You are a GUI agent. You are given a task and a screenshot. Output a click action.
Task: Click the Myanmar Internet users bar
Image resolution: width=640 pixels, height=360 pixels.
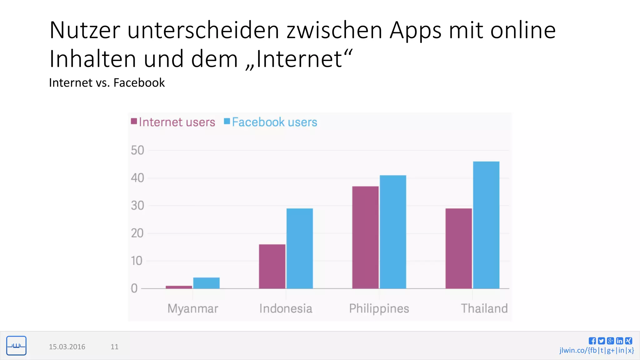179,287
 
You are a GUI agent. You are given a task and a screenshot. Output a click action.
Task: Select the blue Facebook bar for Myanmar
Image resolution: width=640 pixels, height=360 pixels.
206,283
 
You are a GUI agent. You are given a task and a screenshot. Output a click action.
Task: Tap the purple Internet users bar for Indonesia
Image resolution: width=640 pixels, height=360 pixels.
272,266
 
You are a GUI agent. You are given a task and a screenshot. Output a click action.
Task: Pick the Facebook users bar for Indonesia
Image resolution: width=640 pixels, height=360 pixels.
299,248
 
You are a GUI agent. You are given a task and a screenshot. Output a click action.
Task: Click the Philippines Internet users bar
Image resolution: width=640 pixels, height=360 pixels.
365,237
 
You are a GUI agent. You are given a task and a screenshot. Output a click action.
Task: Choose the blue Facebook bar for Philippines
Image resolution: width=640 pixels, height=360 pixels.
393,232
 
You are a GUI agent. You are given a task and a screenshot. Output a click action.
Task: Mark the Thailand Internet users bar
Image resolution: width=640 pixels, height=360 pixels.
458,248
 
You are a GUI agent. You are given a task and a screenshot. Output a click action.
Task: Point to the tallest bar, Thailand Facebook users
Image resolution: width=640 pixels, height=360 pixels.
486,225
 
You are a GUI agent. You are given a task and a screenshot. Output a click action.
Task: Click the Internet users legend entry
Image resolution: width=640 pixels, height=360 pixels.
173,122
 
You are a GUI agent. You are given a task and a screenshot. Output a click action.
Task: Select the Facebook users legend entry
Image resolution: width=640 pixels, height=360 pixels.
271,122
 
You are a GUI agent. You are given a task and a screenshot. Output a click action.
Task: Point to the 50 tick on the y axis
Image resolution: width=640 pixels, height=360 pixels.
137,150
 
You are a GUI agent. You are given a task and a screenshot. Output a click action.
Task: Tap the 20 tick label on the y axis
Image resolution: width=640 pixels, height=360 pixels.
137,233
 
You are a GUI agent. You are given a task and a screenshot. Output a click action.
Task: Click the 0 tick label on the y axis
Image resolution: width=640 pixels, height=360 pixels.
134,288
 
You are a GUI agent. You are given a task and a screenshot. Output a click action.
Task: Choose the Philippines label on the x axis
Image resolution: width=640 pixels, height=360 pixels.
379,308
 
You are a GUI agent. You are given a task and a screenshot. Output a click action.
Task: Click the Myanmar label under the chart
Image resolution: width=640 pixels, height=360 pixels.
193,308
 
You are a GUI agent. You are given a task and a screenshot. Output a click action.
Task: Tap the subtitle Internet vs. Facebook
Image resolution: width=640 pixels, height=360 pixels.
107,83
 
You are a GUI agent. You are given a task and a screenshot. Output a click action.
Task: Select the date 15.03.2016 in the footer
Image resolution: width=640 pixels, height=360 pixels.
67,347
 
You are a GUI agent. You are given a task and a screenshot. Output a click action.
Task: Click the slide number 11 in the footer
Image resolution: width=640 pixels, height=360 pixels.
114,347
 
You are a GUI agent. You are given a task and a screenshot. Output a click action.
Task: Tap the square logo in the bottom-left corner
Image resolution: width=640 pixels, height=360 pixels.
16,346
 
